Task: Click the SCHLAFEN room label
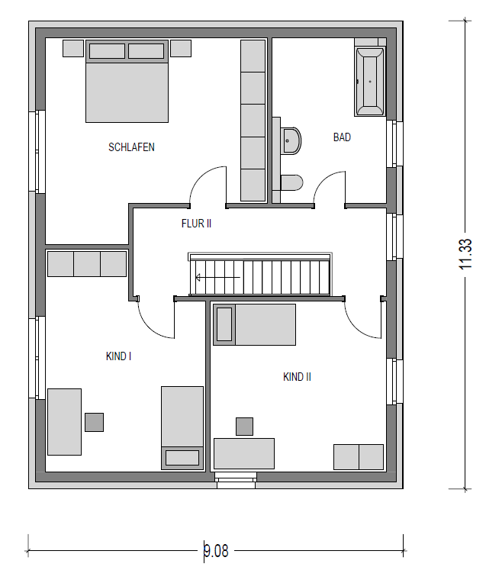[131, 147]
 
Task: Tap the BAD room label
[342, 137]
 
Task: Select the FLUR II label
[196, 224]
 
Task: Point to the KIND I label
[118, 356]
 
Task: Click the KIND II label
[297, 377]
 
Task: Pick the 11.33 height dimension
[465, 254]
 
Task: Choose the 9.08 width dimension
[216, 551]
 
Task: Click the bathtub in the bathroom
[369, 82]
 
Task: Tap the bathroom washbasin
[291, 140]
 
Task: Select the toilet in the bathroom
[291, 182]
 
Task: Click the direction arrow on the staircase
[217, 278]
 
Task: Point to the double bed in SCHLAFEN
[127, 82]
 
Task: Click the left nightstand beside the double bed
[73, 48]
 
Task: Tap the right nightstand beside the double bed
[181, 48]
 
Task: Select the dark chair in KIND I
[94, 422]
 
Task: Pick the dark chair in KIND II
[244, 427]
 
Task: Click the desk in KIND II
[244, 453]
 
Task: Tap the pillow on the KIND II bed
[224, 324]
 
